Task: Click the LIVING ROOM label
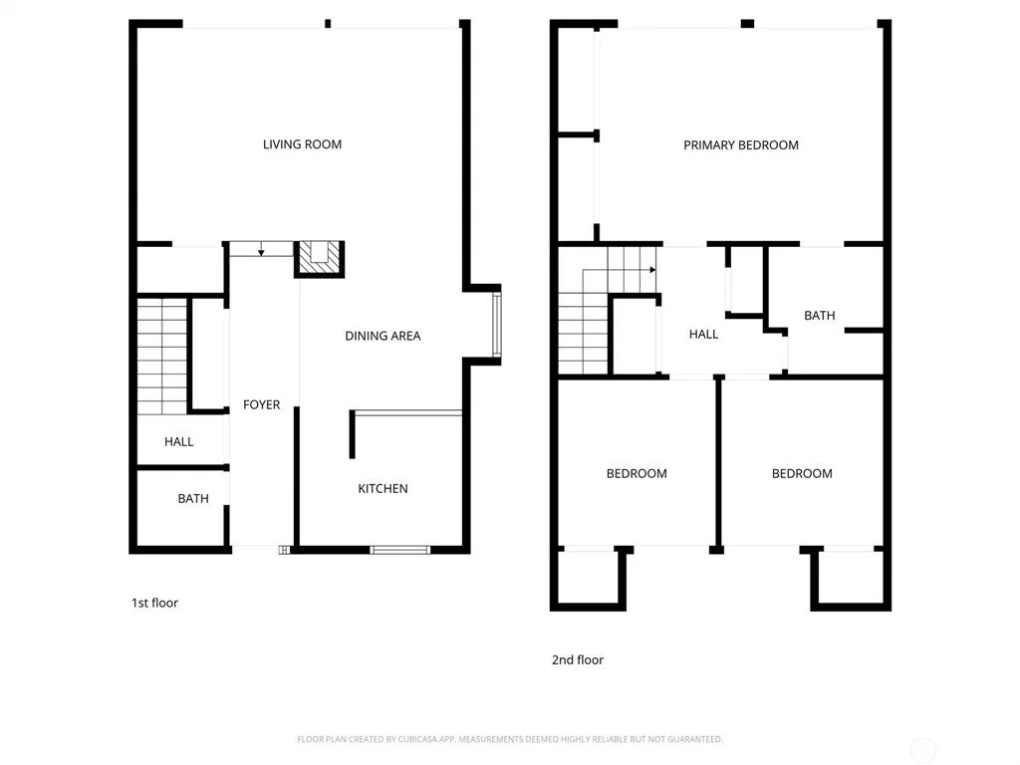click(302, 144)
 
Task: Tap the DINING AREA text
click(382, 336)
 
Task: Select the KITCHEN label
click(382, 488)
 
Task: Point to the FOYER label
click(262, 404)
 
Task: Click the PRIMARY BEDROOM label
click(741, 145)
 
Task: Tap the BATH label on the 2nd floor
click(820, 316)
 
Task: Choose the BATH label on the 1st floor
click(193, 498)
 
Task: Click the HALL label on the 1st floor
click(179, 441)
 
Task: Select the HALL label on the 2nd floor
click(704, 335)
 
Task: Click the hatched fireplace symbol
click(319, 258)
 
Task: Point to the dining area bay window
click(496, 325)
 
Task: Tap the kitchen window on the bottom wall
click(400, 550)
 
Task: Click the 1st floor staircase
click(162, 357)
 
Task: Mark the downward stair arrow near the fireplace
click(261, 248)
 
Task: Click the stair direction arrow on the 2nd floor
click(619, 269)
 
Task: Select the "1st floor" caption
click(154, 603)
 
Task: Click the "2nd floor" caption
click(578, 659)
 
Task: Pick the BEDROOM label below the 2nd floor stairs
click(637, 473)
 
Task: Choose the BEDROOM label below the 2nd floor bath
click(802, 473)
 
